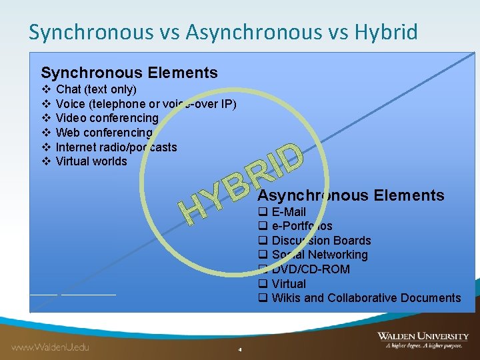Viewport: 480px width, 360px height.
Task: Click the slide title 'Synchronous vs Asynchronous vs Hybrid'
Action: pos(223,31)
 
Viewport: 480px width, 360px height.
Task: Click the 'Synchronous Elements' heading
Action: pos(129,73)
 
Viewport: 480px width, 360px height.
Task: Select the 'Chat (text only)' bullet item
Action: pos(96,89)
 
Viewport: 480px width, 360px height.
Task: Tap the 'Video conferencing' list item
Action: pos(107,118)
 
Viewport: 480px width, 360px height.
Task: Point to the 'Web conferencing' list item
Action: pos(104,133)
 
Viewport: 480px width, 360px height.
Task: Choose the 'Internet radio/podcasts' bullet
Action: pos(116,147)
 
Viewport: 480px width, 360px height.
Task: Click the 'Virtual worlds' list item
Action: pos(91,161)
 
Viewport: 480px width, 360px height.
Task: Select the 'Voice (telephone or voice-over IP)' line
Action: pos(146,104)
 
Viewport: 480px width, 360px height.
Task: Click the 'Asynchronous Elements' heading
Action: pos(351,195)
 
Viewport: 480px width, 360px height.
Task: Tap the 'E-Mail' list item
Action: pos(289,212)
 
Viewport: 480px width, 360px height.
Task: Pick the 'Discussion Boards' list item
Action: pos(321,241)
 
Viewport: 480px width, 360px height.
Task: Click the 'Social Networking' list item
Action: pos(319,255)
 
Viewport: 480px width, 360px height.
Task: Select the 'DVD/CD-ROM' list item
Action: pos(311,269)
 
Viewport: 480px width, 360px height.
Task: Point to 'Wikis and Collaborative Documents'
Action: pos(366,298)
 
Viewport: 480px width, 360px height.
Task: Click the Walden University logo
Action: pos(422,340)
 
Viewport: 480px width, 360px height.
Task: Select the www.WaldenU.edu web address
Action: pos(50,347)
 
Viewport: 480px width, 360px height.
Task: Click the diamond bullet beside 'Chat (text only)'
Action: pos(46,89)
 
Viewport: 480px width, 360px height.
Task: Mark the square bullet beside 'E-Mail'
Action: pos(263,212)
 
